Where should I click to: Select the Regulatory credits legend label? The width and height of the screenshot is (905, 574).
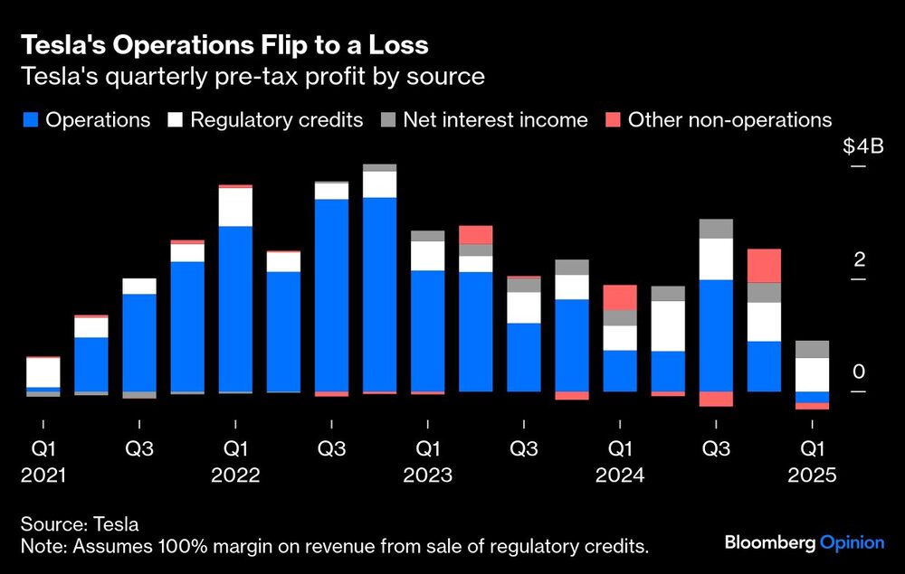pyautogui.click(x=276, y=119)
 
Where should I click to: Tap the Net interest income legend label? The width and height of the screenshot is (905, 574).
pyautogui.click(x=495, y=119)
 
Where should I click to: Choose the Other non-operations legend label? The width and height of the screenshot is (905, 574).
pyautogui.click(x=729, y=119)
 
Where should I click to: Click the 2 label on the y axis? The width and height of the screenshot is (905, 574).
pyautogui.click(x=860, y=260)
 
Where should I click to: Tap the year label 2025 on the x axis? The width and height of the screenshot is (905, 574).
pyautogui.click(x=812, y=475)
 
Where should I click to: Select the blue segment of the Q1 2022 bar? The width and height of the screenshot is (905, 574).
pyautogui.click(x=235, y=308)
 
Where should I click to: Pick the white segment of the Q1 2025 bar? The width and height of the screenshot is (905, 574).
pyautogui.click(x=812, y=374)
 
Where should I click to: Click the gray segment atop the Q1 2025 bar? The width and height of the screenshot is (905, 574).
pyautogui.click(x=812, y=349)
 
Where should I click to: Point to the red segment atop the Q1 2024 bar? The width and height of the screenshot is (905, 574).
pyautogui.click(x=620, y=297)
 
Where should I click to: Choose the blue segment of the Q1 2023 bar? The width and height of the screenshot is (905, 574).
pyautogui.click(x=427, y=330)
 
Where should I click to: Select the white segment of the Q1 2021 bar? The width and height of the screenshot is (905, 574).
pyautogui.click(x=43, y=372)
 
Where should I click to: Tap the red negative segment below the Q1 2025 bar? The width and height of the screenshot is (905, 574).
pyautogui.click(x=812, y=406)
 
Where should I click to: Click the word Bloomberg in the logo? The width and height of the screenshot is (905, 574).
pyautogui.click(x=769, y=543)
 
